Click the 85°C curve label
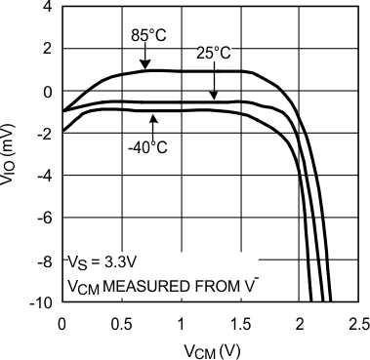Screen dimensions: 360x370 149,35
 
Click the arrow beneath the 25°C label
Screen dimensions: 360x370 216,84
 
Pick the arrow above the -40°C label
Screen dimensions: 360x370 151,124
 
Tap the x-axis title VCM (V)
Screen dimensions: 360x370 210,348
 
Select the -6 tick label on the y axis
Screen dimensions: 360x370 44,219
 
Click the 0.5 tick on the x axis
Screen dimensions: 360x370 121,323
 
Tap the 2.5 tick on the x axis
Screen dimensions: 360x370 358,323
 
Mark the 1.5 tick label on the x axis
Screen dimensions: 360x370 240,323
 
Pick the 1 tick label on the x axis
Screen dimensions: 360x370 181,323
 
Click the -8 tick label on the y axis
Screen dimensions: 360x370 44,260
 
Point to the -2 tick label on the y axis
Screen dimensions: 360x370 44,134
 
